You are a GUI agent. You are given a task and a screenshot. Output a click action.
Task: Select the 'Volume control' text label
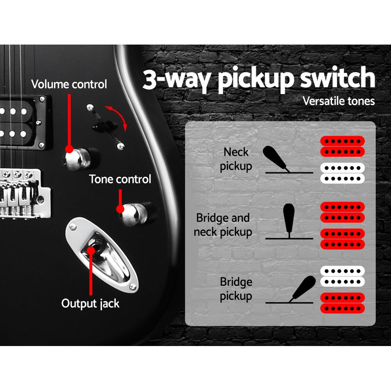coord(69,84)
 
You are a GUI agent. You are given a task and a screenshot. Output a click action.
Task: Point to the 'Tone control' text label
coord(120,179)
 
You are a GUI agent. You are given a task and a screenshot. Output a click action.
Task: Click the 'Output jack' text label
coord(90,303)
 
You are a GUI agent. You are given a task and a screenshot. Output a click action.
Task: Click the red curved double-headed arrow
coord(118,117)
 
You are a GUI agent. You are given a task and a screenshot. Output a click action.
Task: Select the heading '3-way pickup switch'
coord(258,79)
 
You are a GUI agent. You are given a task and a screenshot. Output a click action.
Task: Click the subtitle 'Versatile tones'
coord(339,101)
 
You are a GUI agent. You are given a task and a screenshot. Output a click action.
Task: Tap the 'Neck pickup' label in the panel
coord(236,159)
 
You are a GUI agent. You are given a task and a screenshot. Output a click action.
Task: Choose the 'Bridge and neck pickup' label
coord(223,225)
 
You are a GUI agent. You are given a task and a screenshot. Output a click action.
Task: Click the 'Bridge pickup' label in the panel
coord(236,289)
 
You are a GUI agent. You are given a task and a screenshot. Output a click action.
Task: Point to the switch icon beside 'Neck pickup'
coord(277,158)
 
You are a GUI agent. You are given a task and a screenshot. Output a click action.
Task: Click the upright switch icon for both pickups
coord(289,219)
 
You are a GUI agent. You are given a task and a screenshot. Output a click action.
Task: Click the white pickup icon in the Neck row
coord(343,173)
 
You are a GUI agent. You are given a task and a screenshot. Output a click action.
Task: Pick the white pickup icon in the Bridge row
coord(343,276)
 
